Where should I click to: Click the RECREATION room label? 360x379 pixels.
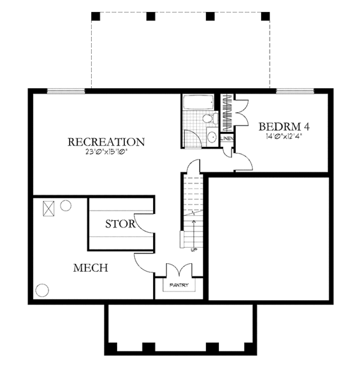pyautogui.click(x=106, y=142)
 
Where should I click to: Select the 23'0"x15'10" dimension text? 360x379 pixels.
pyautogui.click(x=106, y=152)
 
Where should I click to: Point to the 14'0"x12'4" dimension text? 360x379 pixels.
pyautogui.click(x=283, y=136)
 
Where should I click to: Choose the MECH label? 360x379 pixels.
pyautogui.click(x=90, y=267)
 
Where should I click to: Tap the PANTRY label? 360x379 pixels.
pyautogui.click(x=178, y=285)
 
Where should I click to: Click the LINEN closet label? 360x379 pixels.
pyautogui.click(x=227, y=139)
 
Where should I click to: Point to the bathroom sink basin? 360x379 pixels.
pyautogui.click(x=211, y=137)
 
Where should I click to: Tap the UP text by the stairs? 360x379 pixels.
pyautogui.click(x=192, y=248)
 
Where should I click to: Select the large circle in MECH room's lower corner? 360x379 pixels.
pyautogui.click(x=42, y=290)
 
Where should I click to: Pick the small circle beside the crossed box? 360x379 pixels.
pyautogui.click(x=65, y=204)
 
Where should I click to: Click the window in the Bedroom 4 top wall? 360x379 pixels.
pyautogui.click(x=294, y=91)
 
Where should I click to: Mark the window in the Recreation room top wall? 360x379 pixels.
pyautogui.click(x=66, y=91)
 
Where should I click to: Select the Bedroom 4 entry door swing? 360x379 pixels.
pyautogui.click(x=242, y=160)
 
